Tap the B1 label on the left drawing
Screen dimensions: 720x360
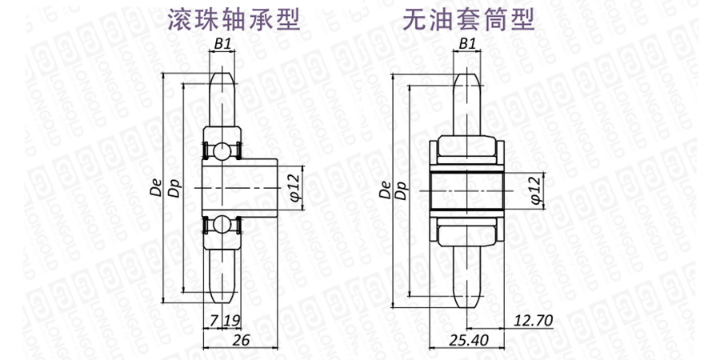tap(222, 44)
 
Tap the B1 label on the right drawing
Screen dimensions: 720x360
tap(467, 44)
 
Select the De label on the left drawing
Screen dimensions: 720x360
tap(157, 189)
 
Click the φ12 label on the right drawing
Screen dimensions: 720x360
tap(535, 190)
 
